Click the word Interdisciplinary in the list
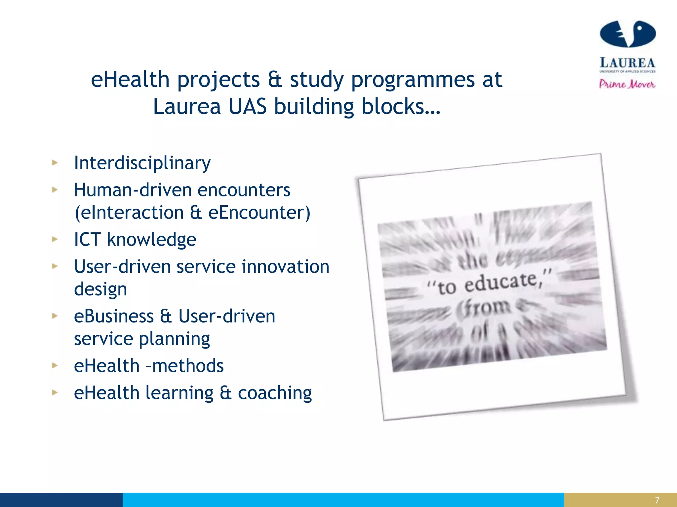142,163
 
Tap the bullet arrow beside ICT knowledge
55,239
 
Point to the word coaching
275,393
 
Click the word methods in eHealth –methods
188,366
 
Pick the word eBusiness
114,316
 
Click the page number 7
657,500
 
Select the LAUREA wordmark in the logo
627,63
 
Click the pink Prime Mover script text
627,84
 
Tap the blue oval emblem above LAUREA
627,34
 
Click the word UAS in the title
247,107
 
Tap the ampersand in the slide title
275,80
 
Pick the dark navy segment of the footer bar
61,500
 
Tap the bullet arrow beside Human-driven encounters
55,190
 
